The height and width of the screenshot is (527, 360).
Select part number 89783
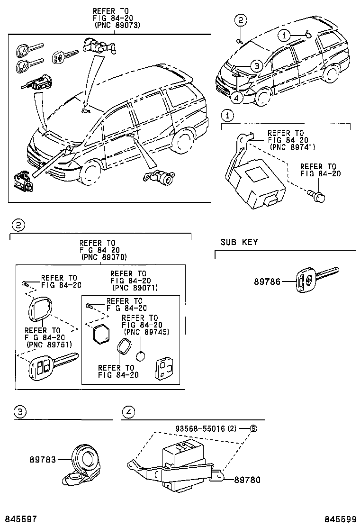[43, 459]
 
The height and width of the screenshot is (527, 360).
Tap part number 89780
[247, 480]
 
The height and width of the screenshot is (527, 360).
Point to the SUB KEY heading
[239, 242]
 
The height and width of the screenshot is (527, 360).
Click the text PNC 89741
[293, 147]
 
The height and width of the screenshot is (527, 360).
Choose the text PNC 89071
[135, 288]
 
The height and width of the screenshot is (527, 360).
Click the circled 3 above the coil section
[19, 412]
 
